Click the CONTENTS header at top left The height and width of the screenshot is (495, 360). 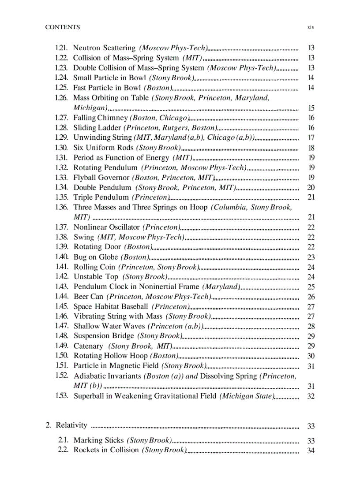(63, 27)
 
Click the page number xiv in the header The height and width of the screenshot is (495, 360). (311, 27)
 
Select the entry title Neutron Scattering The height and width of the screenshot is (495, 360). (104, 48)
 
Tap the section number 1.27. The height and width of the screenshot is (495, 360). (61, 118)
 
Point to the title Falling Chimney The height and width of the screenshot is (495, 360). (100, 118)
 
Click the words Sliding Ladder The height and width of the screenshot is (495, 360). (97, 128)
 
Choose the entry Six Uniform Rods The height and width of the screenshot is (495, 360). (103, 148)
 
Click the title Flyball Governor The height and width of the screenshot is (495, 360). (101, 178)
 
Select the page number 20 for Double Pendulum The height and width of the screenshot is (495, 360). (311, 187)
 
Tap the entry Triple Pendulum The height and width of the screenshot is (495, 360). (101, 197)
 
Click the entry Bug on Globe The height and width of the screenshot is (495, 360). (96, 257)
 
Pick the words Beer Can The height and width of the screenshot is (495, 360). (88, 297)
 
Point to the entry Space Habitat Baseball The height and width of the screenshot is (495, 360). (111, 306)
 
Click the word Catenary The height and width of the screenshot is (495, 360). (88, 346)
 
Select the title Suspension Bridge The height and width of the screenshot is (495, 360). (104, 336)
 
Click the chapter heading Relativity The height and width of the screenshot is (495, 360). (71, 425)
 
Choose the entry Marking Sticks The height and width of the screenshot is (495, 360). (98, 440)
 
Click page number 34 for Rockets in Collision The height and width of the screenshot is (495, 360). (311, 450)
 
